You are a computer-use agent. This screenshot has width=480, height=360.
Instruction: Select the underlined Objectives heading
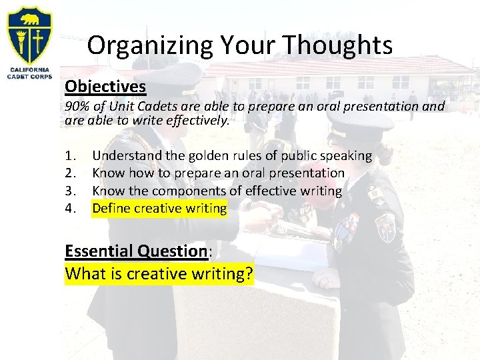[105, 87]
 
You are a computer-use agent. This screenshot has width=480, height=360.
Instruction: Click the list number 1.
[71, 156]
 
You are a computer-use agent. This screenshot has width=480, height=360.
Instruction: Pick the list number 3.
[71, 191]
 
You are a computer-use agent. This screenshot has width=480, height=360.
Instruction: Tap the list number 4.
[71, 209]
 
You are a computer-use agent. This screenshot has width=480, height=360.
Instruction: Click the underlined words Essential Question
[136, 251]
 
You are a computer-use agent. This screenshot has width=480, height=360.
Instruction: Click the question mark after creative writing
[249, 273]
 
